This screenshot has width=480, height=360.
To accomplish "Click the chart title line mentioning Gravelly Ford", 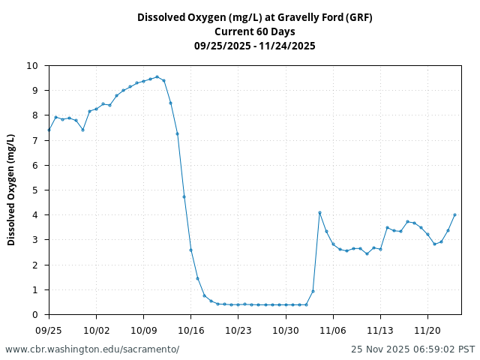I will tap(254, 17).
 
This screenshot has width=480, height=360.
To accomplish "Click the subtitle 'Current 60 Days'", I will tap(254, 31).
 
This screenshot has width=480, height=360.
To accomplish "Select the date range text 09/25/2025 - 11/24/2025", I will tap(254, 46).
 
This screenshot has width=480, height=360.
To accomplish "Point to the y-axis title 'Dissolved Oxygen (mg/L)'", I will tap(11, 190).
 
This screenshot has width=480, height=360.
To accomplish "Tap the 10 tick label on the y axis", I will tap(31, 66).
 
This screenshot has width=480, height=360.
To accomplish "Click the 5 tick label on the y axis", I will tap(34, 190).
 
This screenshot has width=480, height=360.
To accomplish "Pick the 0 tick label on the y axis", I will tap(34, 314).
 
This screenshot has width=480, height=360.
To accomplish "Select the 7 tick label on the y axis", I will tap(34, 140).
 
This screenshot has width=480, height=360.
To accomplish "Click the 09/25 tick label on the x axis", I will tap(49, 329).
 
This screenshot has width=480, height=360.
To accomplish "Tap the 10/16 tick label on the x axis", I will tap(190, 329).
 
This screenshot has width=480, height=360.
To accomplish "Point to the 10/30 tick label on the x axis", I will tap(285, 329).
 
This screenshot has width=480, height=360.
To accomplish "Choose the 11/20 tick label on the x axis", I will tap(427, 329).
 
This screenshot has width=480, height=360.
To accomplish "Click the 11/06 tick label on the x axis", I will tap(333, 329).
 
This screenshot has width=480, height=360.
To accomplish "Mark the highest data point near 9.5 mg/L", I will tap(157, 76).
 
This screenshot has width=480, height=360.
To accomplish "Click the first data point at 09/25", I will tap(49, 130).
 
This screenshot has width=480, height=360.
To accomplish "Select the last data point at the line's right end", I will tap(454, 214).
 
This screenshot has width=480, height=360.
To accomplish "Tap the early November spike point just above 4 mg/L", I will tap(319, 212).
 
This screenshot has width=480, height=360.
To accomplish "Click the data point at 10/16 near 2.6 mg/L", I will tap(190, 250).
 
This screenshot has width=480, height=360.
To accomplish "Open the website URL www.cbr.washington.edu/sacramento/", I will tap(92, 349).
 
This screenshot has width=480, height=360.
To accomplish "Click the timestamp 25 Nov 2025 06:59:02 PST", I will tap(412, 349).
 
